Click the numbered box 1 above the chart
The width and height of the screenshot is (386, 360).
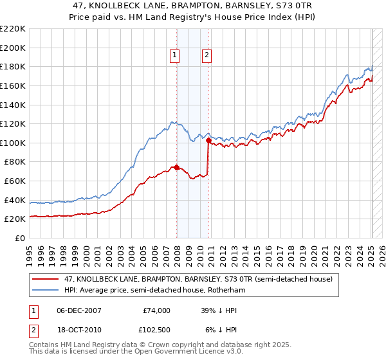coord(174,56)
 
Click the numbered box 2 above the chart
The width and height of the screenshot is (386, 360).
coord(207,56)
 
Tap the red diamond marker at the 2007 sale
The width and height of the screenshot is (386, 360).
coord(177,168)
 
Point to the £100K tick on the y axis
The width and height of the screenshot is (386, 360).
coord(14,143)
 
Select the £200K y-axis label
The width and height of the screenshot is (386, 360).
coord(14,48)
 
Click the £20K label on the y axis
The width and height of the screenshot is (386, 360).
coord(15,219)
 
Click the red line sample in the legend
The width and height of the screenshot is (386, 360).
coord(46,279)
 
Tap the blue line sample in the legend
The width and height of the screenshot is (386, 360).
coord(46,290)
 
